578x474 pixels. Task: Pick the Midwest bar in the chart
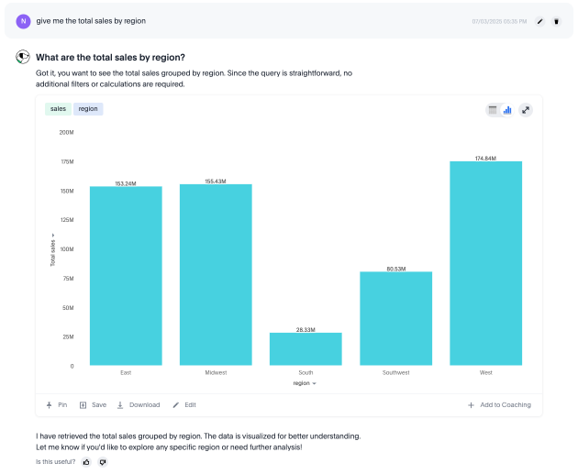(x=216, y=274)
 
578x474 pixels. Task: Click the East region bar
(x=126, y=275)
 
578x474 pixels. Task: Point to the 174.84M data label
(x=485, y=158)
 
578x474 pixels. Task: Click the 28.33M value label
(x=306, y=328)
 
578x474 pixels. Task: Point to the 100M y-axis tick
(x=66, y=248)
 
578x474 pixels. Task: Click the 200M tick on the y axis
(x=66, y=132)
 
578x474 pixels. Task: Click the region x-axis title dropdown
(x=305, y=383)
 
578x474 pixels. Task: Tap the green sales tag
(x=59, y=108)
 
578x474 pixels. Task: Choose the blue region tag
(x=88, y=108)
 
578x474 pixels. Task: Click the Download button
(x=139, y=404)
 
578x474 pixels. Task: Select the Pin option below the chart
(x=57, y=404)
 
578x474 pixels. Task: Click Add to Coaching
(x=499, y=404)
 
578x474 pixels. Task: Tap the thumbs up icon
(x=86, y=461)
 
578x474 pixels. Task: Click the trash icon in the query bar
(x=556, y=20)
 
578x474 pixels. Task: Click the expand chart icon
(x=526, y=110)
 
